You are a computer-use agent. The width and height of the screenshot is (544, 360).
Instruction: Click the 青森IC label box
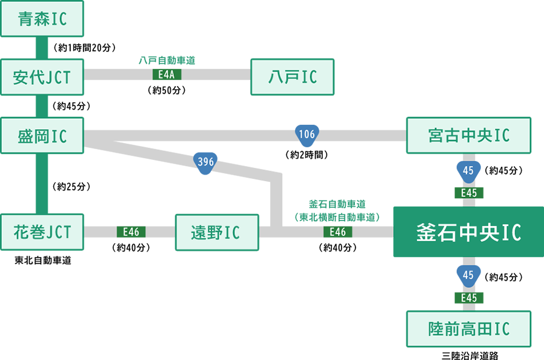[42, 19]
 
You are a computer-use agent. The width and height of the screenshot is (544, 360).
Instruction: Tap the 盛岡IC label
[42, 136]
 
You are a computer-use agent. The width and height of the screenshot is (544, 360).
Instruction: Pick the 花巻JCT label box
[42, 232]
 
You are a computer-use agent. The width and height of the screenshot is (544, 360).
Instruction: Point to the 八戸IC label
[293, 77]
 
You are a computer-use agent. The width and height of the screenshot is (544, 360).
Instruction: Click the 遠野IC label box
[216, 233]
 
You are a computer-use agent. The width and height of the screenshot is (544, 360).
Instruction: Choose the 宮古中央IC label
[468, 136]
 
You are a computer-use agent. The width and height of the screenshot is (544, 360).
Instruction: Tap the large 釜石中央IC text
[468, 232]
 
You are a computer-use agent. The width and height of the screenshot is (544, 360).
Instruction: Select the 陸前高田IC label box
[468, 329]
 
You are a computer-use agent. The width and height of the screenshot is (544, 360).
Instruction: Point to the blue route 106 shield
[307, 134]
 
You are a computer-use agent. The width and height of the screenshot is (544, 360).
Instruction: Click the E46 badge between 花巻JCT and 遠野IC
[131, 232]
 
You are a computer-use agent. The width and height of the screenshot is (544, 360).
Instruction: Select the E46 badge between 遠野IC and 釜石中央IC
[337, 232]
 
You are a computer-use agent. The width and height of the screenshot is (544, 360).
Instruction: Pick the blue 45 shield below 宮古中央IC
[468, 171]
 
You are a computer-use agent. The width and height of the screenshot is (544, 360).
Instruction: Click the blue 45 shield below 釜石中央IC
[468, 275]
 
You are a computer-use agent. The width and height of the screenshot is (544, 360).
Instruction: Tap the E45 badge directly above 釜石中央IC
[468, 193]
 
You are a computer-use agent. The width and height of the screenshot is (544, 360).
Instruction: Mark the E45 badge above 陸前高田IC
[468, 298]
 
